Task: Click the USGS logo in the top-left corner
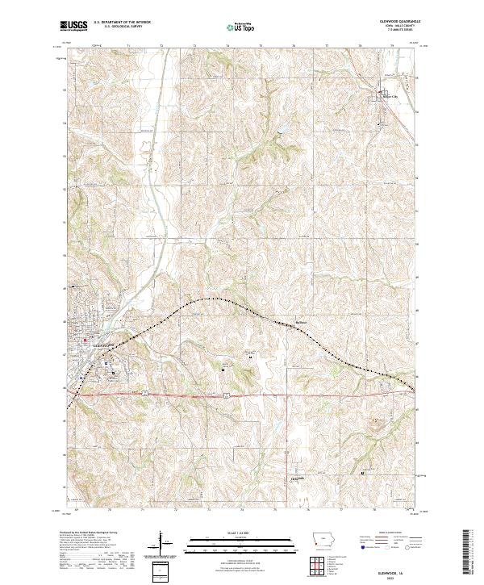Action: [x=73, y=26]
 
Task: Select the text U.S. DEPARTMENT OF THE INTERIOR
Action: [x=122, y=22]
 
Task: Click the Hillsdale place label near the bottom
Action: [x=276, y=477]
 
